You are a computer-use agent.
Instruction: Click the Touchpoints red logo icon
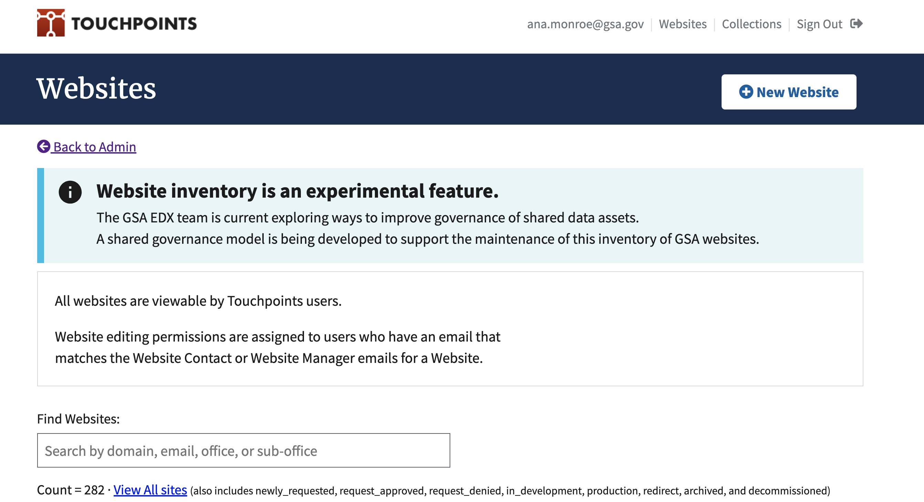(x=51, y=23)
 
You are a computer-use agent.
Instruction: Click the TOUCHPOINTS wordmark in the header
(x=134, y=24)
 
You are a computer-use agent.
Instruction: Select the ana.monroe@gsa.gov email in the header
(x=585, y=24)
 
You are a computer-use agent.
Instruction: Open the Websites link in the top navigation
(x=682, y=24)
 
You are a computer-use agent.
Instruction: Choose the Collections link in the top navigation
(x=752, y=24)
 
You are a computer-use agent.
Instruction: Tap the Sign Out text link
(x=819, y=24)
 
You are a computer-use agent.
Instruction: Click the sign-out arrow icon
(x=856, y=24)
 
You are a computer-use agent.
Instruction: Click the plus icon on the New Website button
(x=746, y=92)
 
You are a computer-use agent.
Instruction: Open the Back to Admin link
(x=95, y=147)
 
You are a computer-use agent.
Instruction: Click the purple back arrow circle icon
(x=44, y=146)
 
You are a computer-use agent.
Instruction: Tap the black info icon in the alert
(x=70, y=192)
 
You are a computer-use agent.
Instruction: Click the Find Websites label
(x=78, y=419)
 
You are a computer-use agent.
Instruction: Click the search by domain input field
(x=243, y=450)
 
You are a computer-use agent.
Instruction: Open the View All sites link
(x=150, y=490)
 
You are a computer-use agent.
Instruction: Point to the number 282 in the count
(x=94, y=490)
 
